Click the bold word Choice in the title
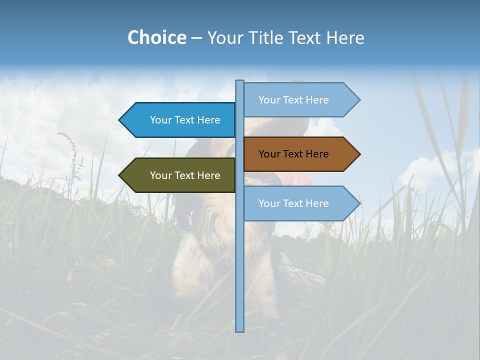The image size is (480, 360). point(156,38)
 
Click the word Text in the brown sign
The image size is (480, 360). point(293,154)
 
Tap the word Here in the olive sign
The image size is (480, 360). point(208,175)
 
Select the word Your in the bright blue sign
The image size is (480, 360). point(161,120)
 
